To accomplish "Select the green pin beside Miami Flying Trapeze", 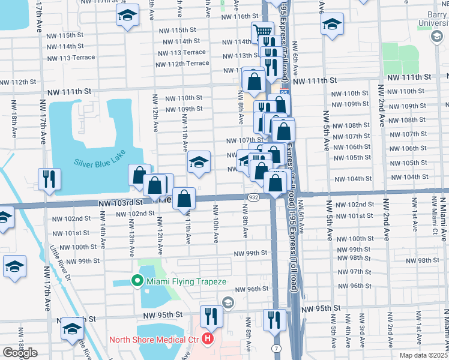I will tap(137, 280).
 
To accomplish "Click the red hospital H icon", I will tap(208, 340).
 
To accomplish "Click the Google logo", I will tap(20, 353).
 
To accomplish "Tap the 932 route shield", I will tap(253, 197).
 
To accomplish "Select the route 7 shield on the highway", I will tap(276, 349).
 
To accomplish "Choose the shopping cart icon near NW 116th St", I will tap(262, 31).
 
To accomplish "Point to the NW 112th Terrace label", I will tap(181, 64).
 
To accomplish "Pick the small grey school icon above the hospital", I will tap(228, 302).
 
